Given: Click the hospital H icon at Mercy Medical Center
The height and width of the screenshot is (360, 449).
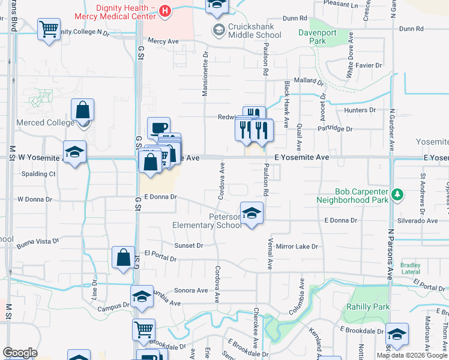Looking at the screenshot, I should [165, 10].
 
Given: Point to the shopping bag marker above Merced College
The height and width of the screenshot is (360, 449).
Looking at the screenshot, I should [82, 110].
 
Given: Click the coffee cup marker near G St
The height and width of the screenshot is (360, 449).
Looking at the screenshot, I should [158, 128].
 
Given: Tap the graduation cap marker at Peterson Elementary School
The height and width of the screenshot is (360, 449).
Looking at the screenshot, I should [252, 213].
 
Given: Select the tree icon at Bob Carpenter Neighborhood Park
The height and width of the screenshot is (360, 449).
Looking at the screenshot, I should [397, 194].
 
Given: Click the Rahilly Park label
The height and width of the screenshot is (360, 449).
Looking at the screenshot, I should [368, 307].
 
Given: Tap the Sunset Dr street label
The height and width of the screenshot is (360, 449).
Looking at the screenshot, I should [188, 245].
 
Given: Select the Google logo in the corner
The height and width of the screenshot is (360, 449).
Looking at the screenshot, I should [20, 353].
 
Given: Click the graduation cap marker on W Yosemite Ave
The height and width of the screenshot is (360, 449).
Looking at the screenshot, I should [74, 152].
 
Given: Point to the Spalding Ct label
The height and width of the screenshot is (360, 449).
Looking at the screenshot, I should [37, 174].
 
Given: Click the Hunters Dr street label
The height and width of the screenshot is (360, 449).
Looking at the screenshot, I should [360, 110].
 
